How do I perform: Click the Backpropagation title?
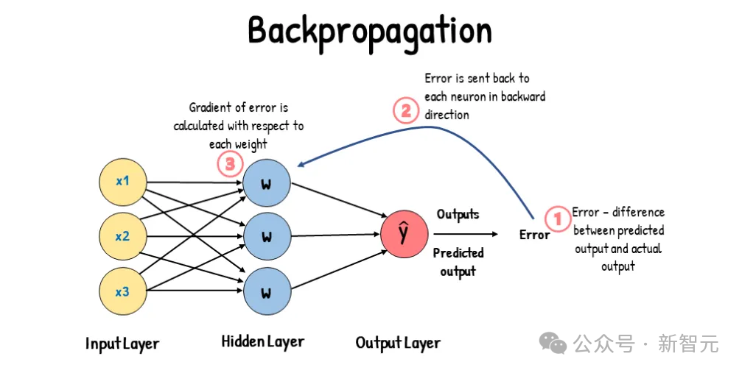370,31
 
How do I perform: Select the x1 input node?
122,182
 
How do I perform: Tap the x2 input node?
122,236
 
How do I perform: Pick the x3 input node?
122,292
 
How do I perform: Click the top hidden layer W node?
266,182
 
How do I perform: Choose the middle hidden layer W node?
266,237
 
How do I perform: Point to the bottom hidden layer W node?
266,292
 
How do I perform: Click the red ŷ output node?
404,234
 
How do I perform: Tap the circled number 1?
557,219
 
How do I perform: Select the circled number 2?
405,111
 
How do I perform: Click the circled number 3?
230,164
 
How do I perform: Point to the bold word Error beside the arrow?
534,235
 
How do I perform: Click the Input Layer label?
122,344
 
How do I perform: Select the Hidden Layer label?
263,341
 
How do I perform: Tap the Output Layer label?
398,343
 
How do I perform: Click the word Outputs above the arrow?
458,214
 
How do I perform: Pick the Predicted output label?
458,262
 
